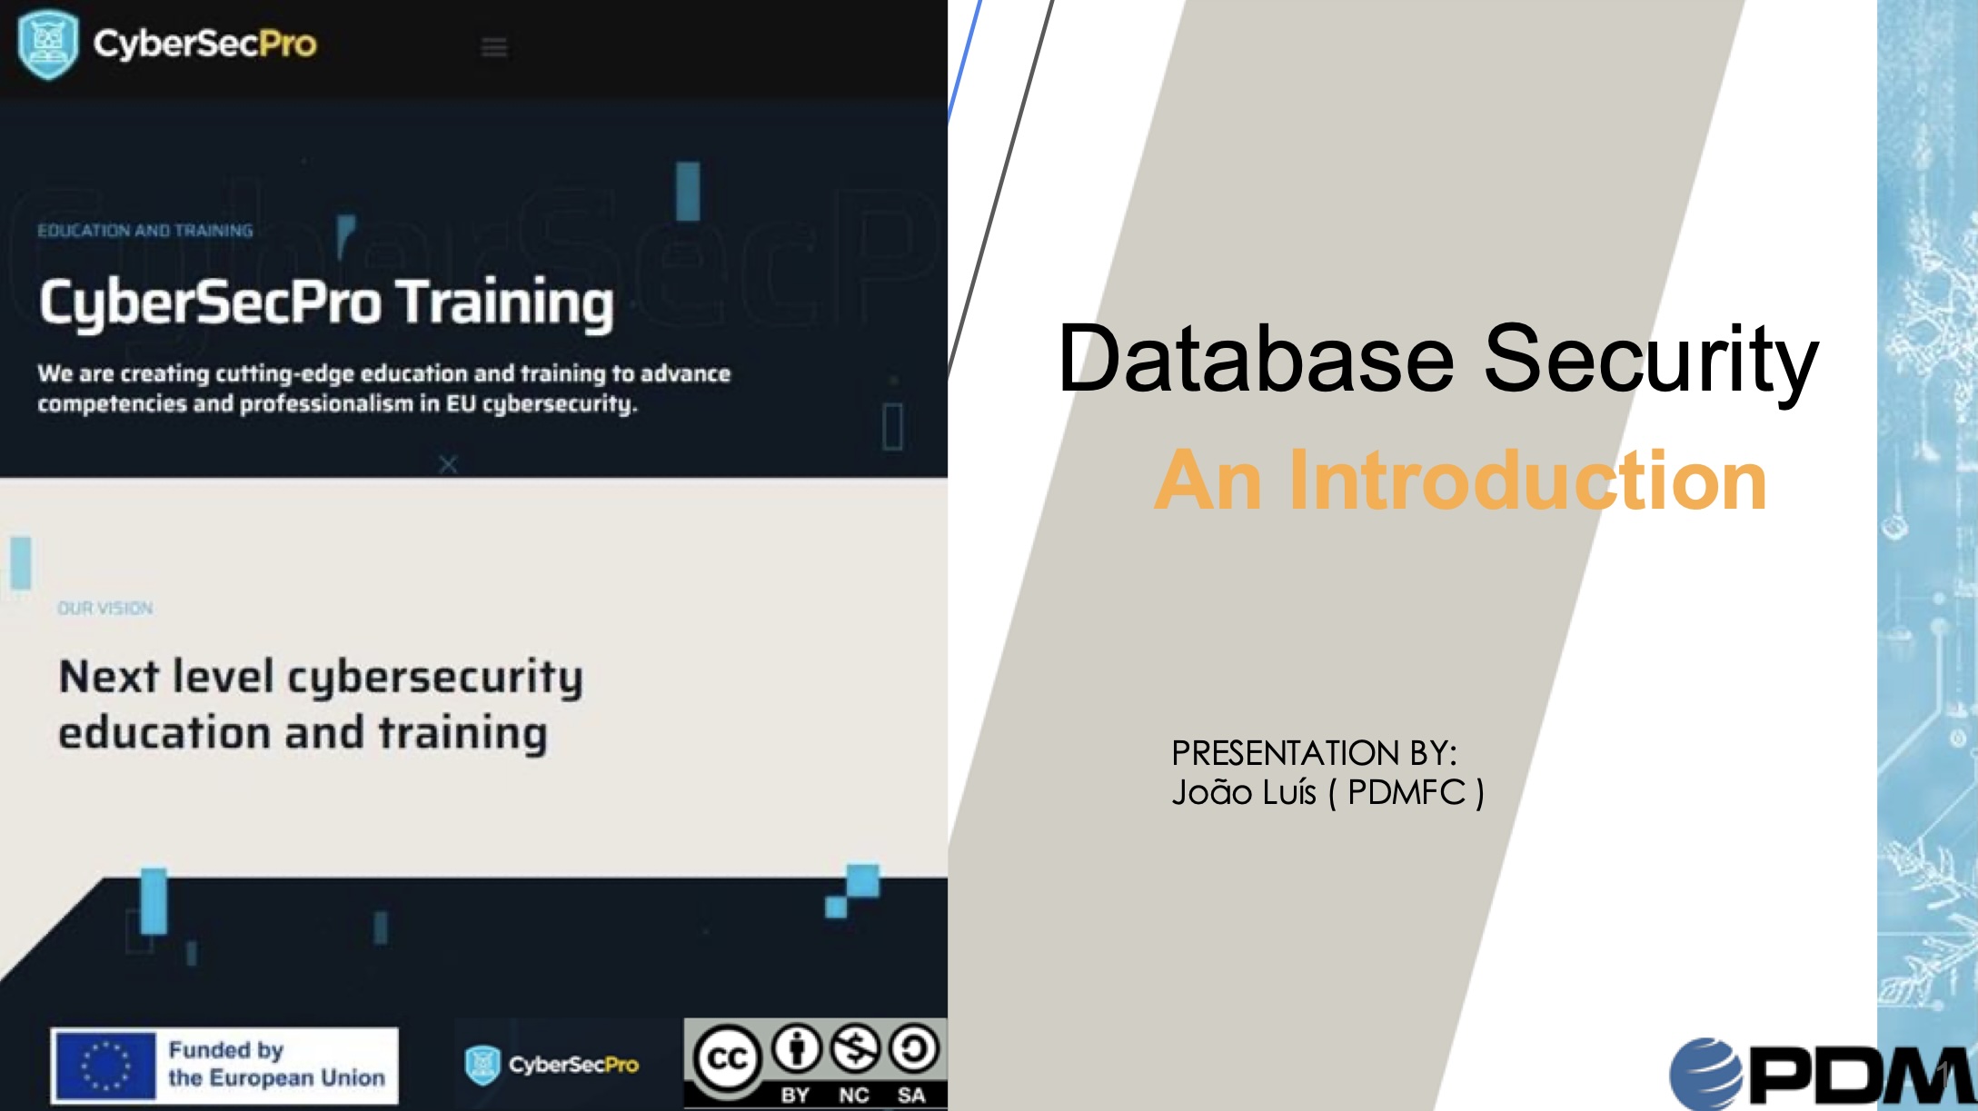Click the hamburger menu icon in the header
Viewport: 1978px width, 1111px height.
[x=494, y=47]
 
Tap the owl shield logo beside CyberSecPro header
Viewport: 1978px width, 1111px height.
[x=47, y=44]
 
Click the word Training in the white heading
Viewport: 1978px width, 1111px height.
[x=505, y=303]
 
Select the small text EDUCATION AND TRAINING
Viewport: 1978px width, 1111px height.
[x=145, y=231]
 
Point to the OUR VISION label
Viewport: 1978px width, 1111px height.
[x=105, y=608]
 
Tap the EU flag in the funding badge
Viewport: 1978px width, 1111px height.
[x=105, y=1066]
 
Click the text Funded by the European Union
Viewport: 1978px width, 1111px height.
[x=277, y=1064]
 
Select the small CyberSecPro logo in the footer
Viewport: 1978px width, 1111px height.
[x=552, y=1065]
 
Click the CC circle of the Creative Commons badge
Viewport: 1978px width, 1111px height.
[x=727, y=1057]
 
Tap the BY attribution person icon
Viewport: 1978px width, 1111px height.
[x=797, y=1049]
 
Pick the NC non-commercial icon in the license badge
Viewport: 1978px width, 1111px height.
[x=855, y=1049]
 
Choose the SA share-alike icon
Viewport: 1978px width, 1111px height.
[x=913, y=1049]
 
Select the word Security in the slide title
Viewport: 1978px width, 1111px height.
[x=1651, y=361]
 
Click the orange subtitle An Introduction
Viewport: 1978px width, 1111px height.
[x=1461, y=480]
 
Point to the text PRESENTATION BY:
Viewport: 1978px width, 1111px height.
[x=1314, y=753]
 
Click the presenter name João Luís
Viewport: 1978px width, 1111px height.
[x=1244, y=792]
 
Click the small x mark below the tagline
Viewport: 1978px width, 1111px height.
[x=448, y=464]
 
